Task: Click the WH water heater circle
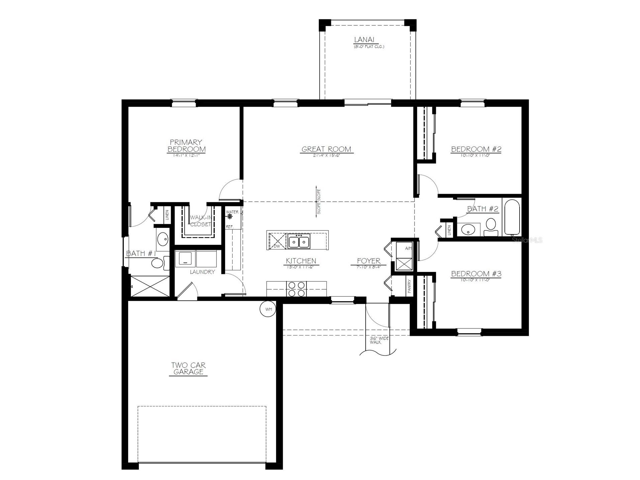(x=268, y=309)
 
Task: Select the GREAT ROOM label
(x=326, y=149)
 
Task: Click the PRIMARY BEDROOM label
(x=186, y=146)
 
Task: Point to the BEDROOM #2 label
(x=476, y=149)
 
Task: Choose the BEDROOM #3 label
(x=476, y=274)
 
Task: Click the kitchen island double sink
(x=299, y=241)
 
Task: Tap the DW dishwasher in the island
(x=277, y=246)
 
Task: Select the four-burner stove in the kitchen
(x=296, y=289)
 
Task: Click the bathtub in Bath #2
(x=512, y=217)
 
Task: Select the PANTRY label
(x=409, y=286)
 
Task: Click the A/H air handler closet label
(x=408, y=248)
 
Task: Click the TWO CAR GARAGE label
(x=188, y=369)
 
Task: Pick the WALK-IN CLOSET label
(x=200, y=221)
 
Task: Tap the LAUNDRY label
(x=202, y=272)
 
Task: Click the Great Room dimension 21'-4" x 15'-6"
(x=326, y=156)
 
